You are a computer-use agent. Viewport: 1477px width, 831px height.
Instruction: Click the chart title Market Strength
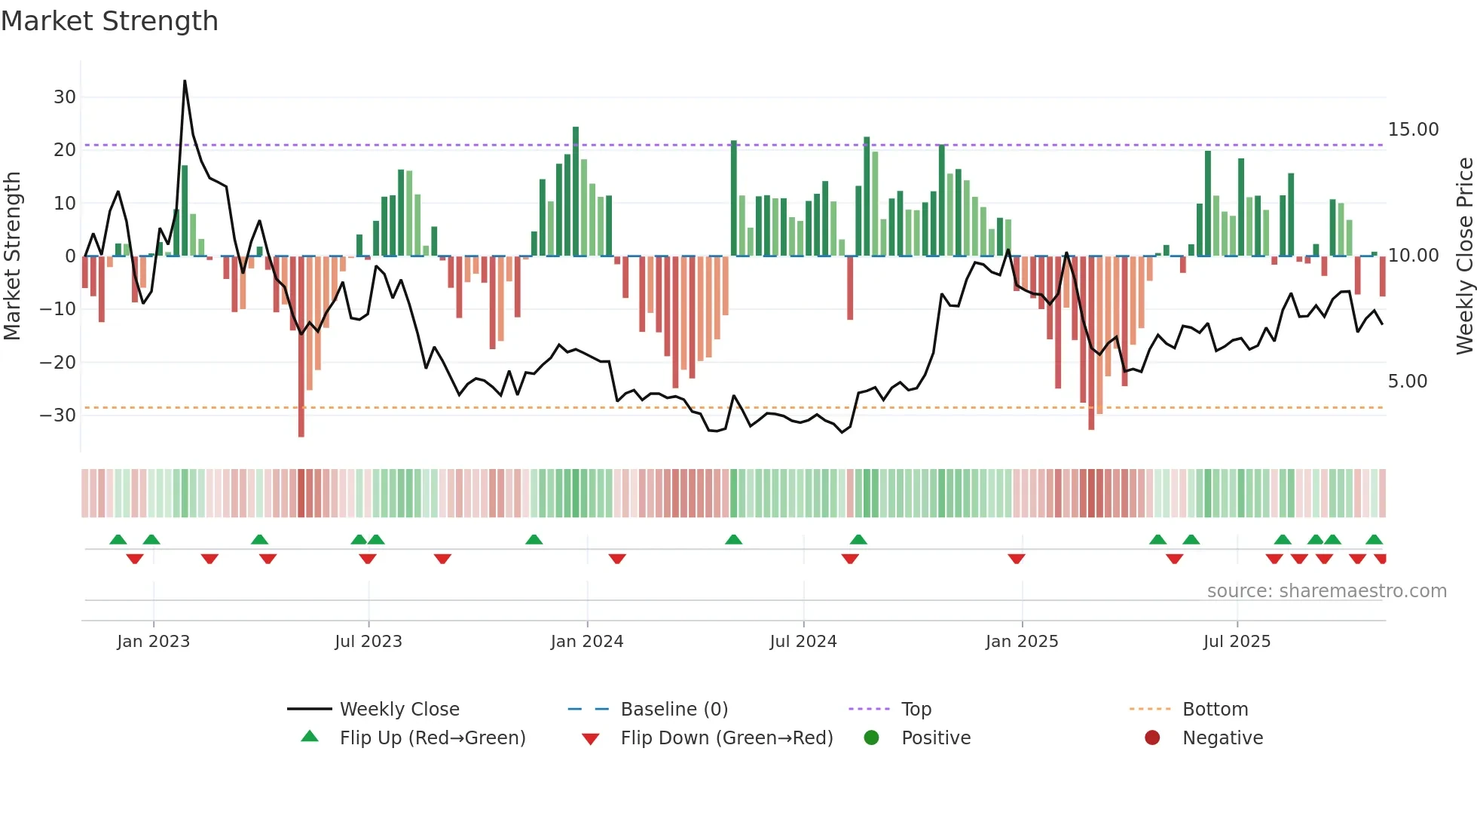109,21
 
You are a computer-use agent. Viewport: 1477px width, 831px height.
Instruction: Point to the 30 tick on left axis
65,97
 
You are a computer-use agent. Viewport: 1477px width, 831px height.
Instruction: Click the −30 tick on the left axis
58,415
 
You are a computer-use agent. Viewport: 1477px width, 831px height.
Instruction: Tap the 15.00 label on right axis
1413,130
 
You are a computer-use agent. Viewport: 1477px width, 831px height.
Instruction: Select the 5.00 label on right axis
1407,382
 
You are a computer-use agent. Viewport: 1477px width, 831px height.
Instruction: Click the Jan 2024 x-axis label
587,642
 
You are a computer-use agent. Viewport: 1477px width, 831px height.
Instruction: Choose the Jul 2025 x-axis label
1237,642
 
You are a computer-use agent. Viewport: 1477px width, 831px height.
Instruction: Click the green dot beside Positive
872,738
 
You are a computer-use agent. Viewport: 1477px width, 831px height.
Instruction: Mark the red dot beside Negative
1152,738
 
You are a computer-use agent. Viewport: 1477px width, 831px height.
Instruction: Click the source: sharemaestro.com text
1326,591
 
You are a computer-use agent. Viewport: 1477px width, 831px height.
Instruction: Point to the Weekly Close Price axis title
1464,256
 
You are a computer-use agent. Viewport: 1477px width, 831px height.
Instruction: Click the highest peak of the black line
185,81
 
